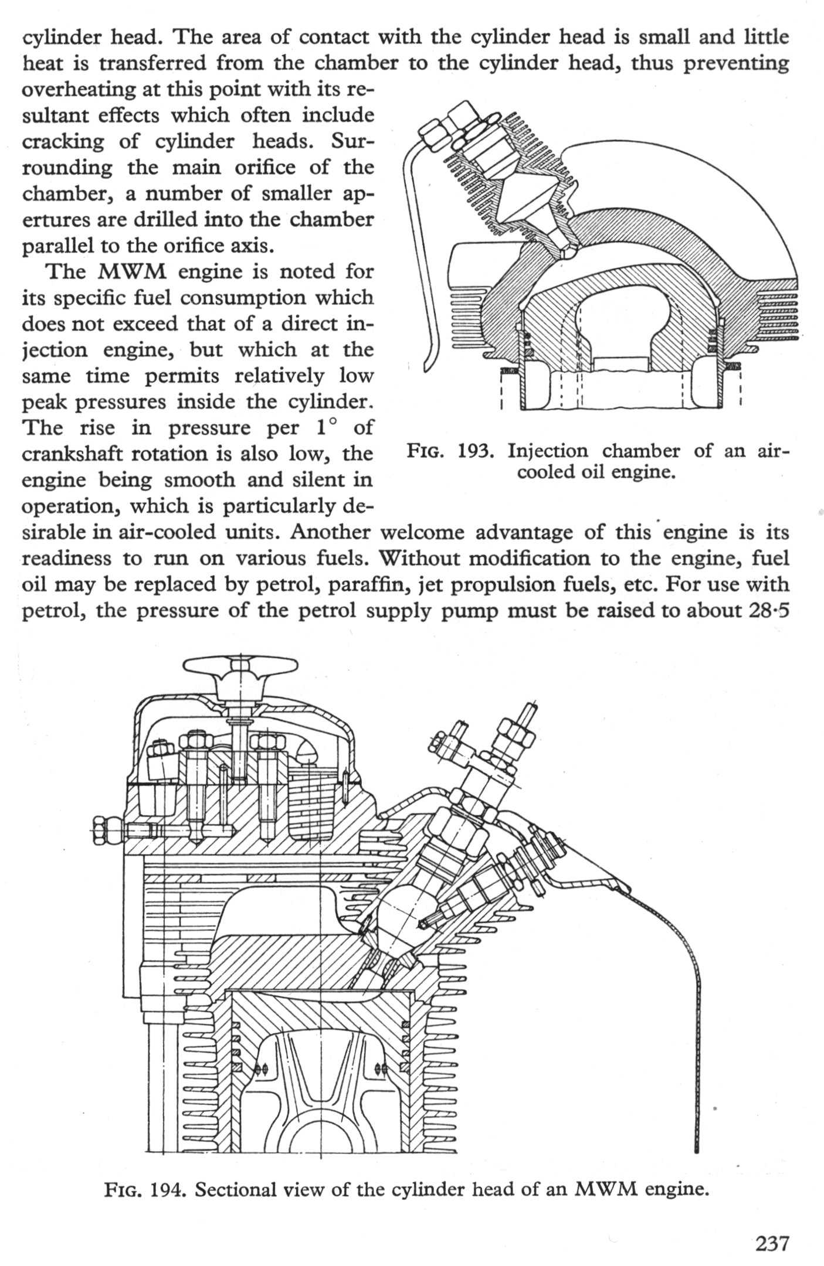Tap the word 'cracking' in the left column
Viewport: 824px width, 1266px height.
point(63,142)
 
